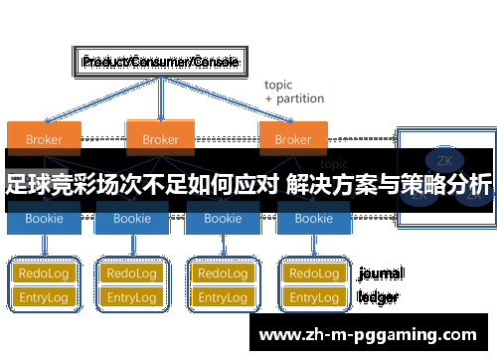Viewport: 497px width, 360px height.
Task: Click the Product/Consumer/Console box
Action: coord(159,62)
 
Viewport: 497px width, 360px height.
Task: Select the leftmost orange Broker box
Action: coord(44,138)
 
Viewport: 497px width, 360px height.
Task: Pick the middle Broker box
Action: coord(160,138)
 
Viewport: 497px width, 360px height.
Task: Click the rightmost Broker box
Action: coord(293,138)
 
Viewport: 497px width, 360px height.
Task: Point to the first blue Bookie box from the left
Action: coord(44,218)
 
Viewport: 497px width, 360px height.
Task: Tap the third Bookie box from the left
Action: coord(222,218)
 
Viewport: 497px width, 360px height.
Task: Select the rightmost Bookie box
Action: coord(314,218)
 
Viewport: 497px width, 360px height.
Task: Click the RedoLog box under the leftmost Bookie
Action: coord(44,272)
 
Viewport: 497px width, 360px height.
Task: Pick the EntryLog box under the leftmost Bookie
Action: coord(44,296)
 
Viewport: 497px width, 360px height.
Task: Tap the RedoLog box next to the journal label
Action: coord(314,272)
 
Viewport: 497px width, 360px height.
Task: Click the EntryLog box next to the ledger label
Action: coord(314,296)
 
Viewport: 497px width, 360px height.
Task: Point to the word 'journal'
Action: coord(381,272)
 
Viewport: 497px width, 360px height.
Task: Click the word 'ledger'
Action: coord(378,296)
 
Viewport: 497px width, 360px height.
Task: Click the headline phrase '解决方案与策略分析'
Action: coord(389,185)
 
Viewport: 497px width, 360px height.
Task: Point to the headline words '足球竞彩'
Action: coord(45,185)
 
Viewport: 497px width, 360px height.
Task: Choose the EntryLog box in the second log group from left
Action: coord(132,296)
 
